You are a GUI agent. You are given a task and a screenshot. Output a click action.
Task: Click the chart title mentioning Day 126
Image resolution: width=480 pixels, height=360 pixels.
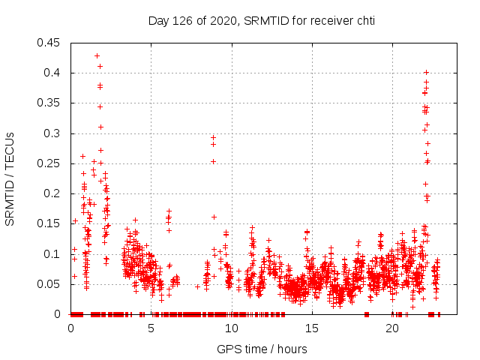coord(261,21)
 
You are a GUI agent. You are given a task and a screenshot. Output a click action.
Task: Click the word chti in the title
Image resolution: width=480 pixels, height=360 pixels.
coord(364,21)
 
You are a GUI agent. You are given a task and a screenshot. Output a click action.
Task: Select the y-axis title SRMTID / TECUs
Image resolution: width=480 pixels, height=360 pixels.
coord(10,178)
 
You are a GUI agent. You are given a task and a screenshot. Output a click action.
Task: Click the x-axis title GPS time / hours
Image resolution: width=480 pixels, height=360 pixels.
coord(261,349)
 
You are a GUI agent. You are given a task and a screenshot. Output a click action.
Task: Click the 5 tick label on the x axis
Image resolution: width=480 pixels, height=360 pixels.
coord(151,328)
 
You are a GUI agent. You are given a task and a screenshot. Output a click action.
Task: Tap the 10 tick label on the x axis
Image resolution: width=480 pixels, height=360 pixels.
coord(232,328)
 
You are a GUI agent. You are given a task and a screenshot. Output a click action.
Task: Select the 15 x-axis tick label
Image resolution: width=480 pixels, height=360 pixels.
coord(312,328)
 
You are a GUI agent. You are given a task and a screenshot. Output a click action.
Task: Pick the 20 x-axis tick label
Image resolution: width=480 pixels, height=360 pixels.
coord(392,328)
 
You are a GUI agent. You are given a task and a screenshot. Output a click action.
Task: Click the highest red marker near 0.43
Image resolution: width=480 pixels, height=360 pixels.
coord(97,55)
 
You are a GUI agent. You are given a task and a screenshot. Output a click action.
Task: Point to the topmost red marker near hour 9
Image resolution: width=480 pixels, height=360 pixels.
coord(214,137)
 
